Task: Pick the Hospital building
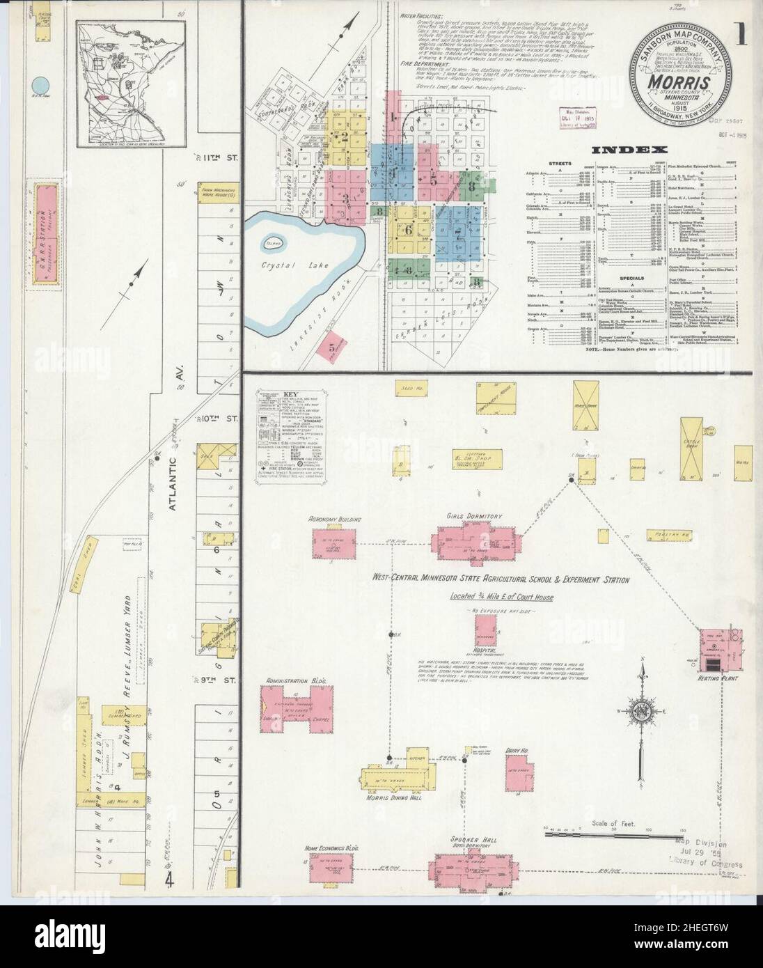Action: click(x=485, y=630)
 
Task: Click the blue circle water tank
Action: click(x=39, y=86)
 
